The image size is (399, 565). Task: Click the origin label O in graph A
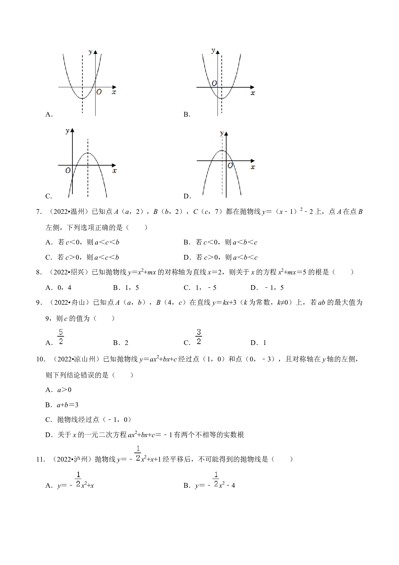[x=99, y=92]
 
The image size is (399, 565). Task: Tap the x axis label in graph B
[x=253, y=93]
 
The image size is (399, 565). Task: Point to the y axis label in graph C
[x=67, y=131]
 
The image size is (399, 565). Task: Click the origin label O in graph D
[x=230, y=166]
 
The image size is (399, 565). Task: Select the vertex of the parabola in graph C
[x=88, y=153]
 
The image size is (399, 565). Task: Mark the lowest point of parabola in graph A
[x=82, y=98]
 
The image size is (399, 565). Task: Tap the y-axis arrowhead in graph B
[x=218, y=51]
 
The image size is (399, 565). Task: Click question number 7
[x=39, y=212]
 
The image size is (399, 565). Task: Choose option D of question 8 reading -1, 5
[x=267, y=288]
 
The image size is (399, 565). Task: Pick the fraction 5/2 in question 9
[x=61, y=337]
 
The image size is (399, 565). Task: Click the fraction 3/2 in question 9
[x=199, y=337]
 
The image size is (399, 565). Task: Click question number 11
[x=41, y=459]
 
